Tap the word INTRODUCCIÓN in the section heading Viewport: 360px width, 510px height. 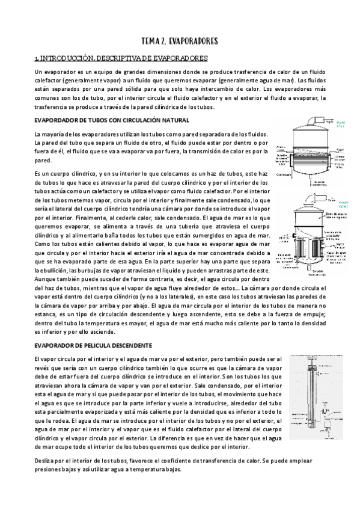(63, 58)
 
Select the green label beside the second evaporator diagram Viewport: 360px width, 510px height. (344, 204)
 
